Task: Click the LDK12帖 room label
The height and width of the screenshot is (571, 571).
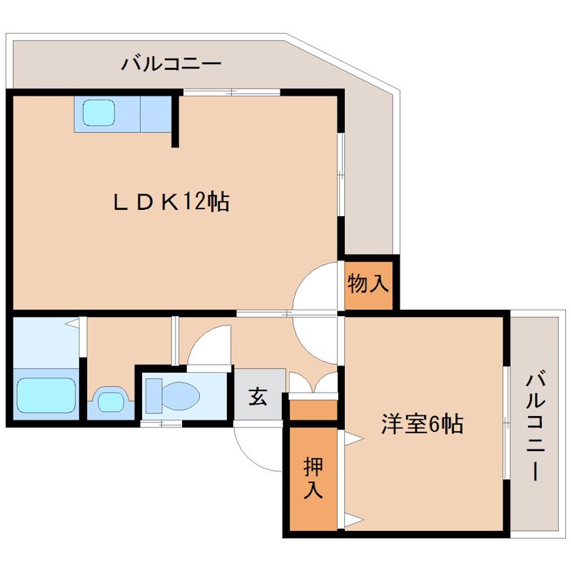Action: click(171, 203)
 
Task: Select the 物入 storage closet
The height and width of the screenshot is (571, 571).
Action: click(368, 284)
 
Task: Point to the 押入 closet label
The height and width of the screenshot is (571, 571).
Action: click(312, 479)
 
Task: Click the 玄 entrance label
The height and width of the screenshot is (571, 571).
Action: click(258, 397)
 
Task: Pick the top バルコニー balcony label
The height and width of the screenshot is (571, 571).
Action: click(171, 64)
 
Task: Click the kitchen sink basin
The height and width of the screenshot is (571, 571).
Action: click(98, 113)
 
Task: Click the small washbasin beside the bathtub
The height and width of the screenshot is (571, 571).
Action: click(111, 400)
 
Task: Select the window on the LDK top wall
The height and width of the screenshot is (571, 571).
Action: click(231, 91)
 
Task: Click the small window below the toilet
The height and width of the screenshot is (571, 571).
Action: click(161, 424)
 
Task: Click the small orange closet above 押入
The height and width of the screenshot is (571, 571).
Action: click(312, 410)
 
